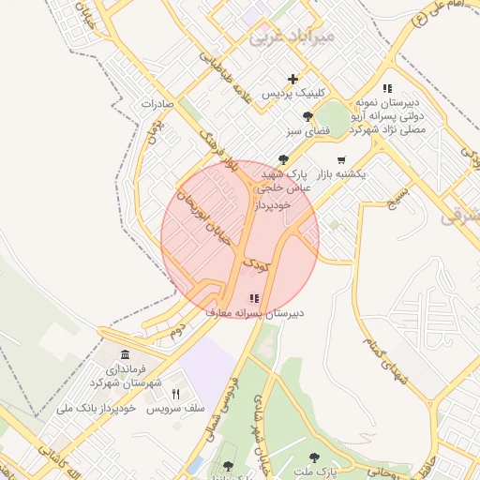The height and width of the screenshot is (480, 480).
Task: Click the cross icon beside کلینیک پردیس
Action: point(293,80)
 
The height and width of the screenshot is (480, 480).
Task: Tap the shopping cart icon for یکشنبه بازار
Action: point(340,159)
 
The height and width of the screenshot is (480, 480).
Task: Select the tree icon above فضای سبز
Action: point(307,117)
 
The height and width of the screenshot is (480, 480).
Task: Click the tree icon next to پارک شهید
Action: point(284,159)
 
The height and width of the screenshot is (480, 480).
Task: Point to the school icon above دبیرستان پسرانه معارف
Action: point(253,298)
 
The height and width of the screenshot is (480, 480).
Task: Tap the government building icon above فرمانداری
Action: point(126,354)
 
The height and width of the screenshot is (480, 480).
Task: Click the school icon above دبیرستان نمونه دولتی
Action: point(387,89)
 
